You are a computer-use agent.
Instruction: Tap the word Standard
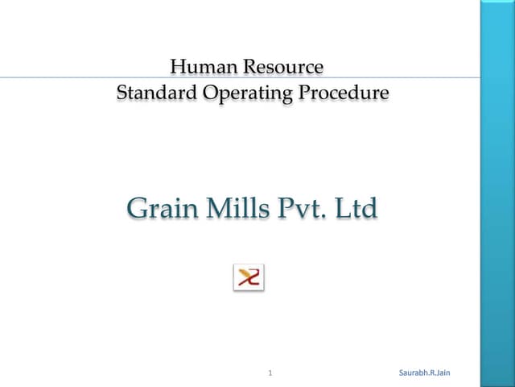point(156,93)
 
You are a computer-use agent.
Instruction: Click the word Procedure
point(344,93)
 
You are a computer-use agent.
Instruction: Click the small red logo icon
point(249,277)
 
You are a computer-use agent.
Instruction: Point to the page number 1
point(270,372)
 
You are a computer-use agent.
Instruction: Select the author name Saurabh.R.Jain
point(425,372)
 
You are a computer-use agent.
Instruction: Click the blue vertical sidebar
point(497,193)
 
